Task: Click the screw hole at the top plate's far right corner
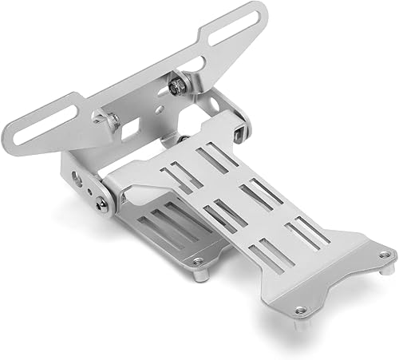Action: click(386, 255)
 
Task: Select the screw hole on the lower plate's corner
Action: click(197, 260)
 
